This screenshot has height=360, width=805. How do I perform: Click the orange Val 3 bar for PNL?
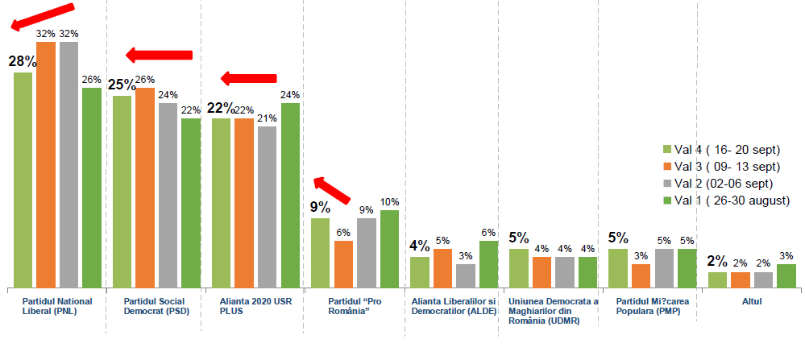pos(46,164)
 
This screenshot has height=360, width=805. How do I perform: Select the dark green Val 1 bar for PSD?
pos(191,203)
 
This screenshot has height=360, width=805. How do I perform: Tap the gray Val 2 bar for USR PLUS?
pos(268,207)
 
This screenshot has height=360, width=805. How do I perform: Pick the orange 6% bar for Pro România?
pos(343,264)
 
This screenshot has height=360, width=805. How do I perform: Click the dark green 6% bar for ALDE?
pos(489,264)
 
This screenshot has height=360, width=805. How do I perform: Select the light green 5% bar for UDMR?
pos(519,268)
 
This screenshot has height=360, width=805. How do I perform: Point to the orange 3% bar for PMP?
pos(641,275)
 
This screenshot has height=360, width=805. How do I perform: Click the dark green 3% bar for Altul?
pos(786,275)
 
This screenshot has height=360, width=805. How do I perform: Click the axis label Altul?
pos(751,301)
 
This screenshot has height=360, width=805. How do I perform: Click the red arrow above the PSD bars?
pos(160,55)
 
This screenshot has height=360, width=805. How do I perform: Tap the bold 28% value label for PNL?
pos(22,61)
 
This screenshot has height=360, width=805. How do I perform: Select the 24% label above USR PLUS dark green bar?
pos(290,95)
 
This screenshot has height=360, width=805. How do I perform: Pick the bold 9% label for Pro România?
pos(320,207)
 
